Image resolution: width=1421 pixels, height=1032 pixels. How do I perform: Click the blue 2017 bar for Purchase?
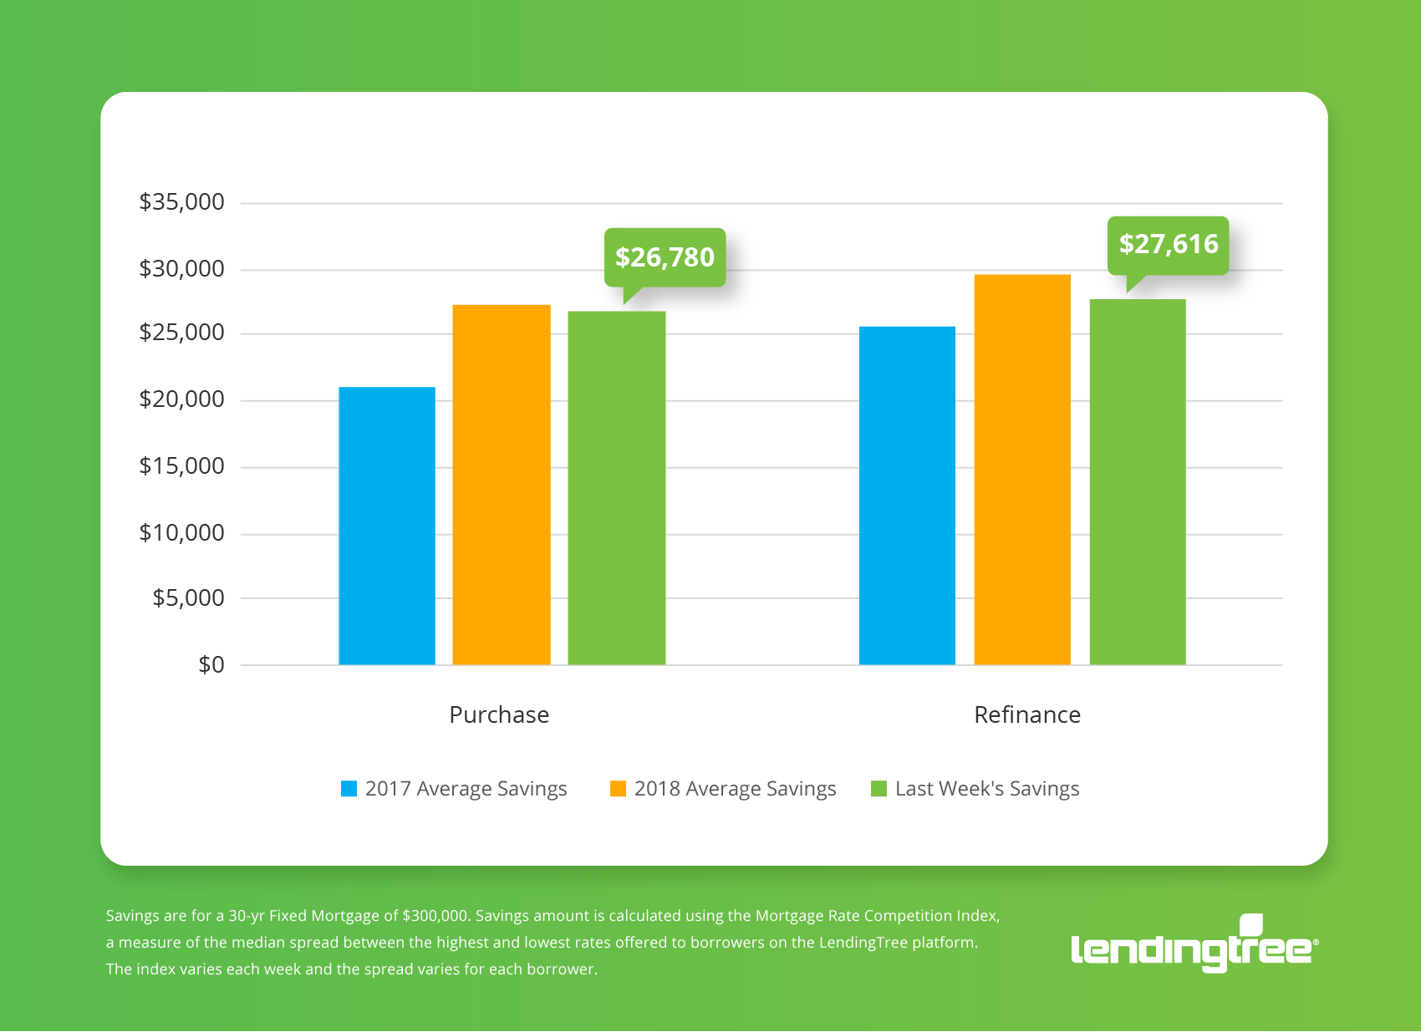387,526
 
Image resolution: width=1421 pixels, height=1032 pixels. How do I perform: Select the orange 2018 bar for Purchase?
502,485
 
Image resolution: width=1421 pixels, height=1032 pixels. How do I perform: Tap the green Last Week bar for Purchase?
617,488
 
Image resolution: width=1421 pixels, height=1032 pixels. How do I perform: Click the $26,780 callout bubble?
665,257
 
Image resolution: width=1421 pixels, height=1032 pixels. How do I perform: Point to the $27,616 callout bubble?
1169,244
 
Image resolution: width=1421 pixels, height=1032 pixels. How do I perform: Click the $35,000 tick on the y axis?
181,202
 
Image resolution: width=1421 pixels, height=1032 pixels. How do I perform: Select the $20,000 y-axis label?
181,399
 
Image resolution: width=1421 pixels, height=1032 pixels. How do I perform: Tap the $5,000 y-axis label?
188,598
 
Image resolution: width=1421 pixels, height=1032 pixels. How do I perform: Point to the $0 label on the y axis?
211,665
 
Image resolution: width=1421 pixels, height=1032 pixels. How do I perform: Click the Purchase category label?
499,715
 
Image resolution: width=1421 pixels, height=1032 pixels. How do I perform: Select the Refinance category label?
1027,715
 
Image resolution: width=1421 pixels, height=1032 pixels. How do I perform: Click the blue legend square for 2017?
349,789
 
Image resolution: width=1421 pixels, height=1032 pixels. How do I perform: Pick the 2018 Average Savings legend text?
735,789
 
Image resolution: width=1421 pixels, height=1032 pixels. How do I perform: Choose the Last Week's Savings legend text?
987,789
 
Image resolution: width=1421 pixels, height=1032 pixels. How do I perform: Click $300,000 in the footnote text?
435,916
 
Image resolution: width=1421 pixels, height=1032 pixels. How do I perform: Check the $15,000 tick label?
181,466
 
